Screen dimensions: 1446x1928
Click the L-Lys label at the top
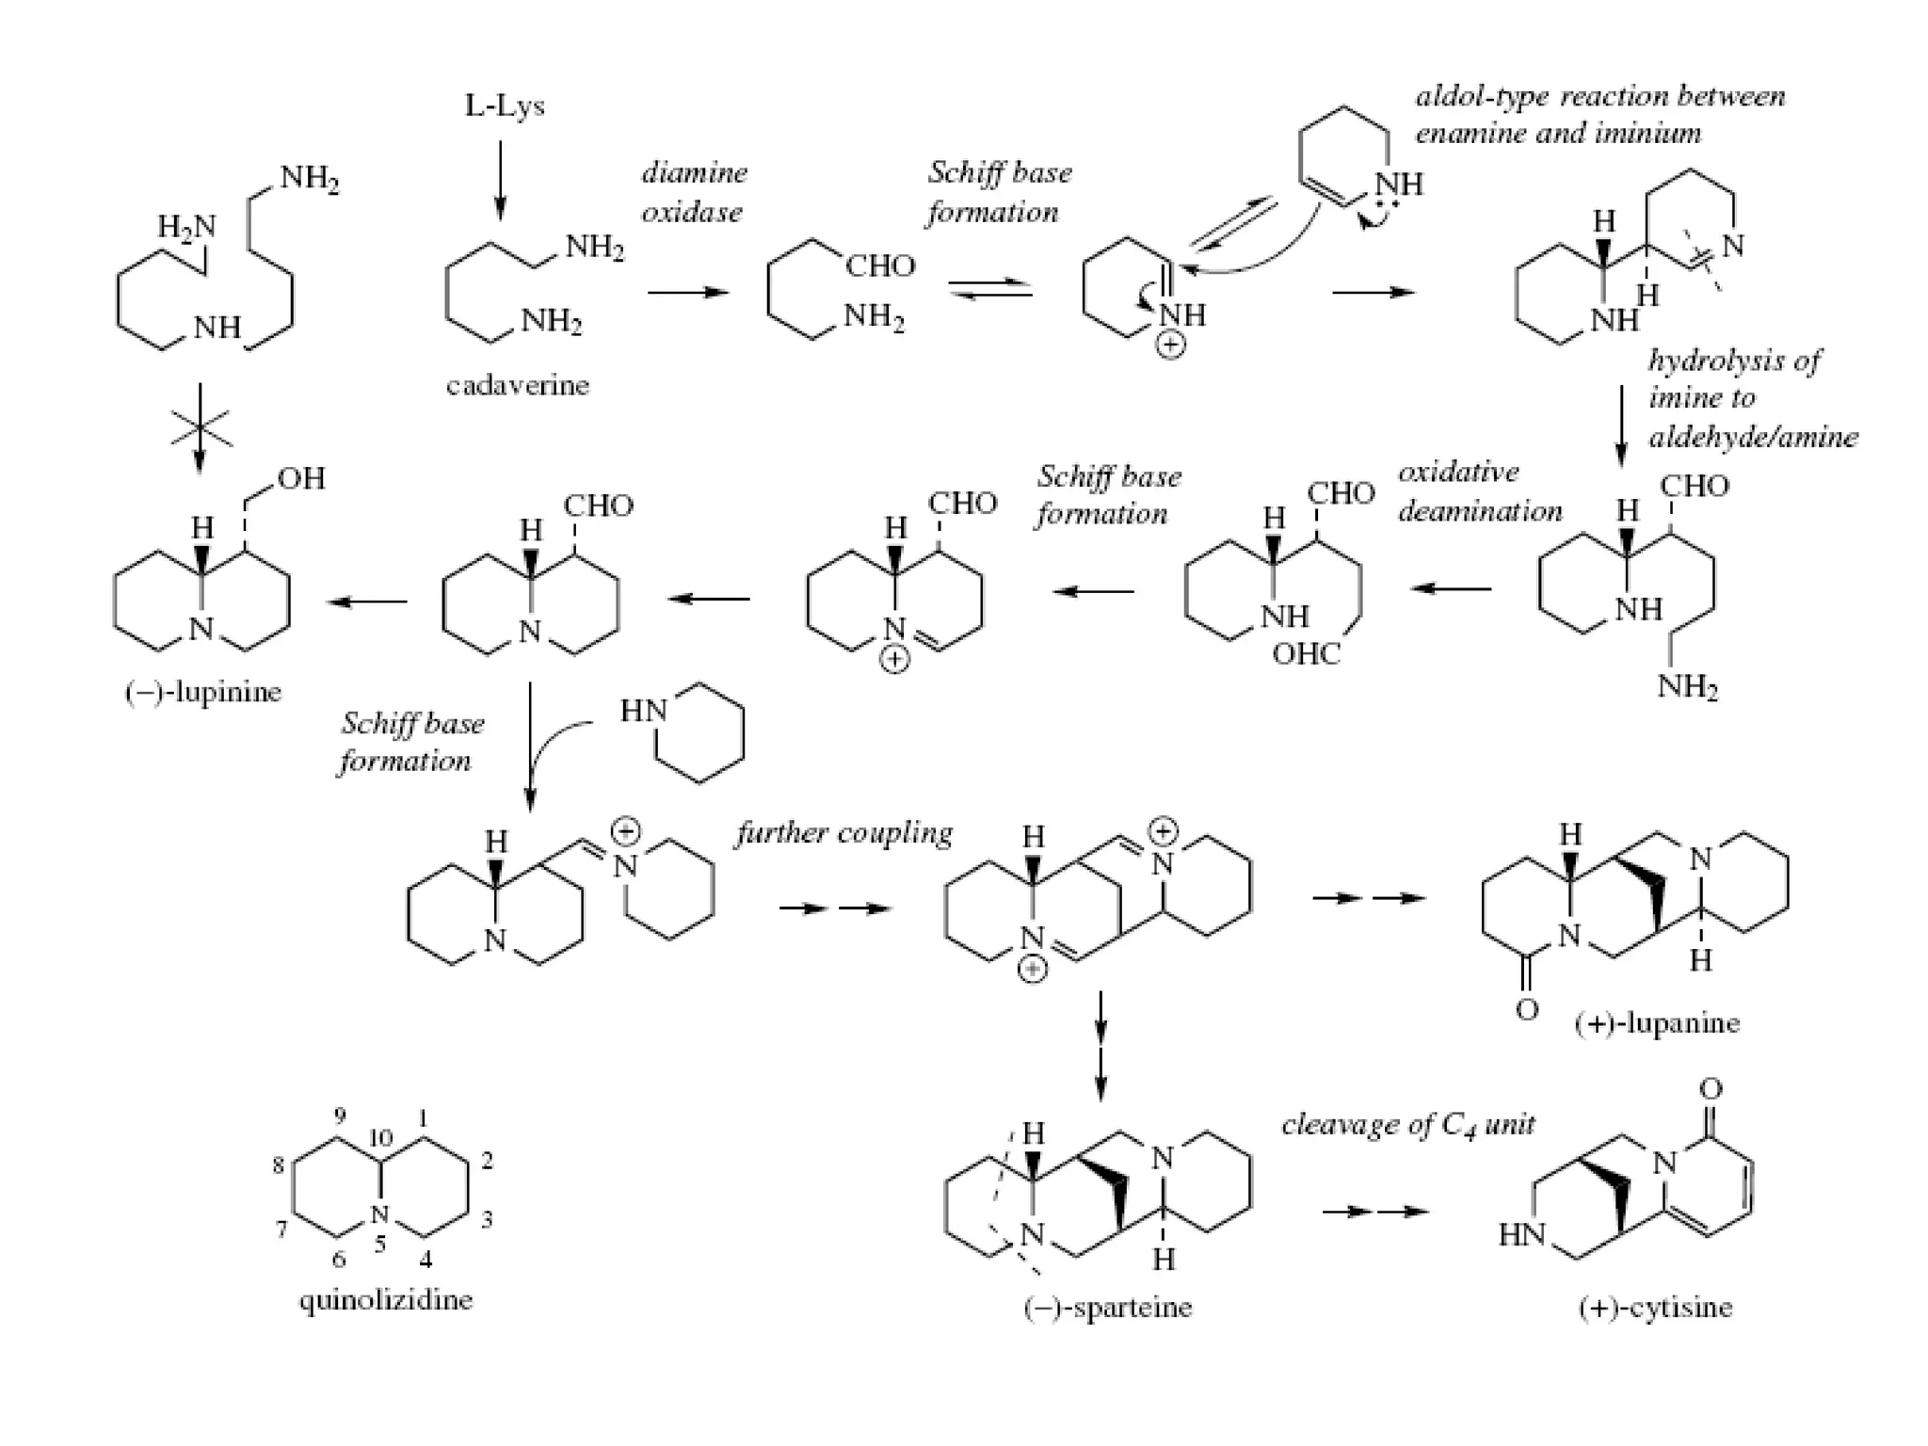pos(505,105)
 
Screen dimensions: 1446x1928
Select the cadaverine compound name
pos(517,385)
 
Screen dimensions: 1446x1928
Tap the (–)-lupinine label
pos(203,693)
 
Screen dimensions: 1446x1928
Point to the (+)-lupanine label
pos(1657,1023)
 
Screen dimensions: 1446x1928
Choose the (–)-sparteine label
pos(1108,1308)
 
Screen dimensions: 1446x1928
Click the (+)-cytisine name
pos(1655,1308)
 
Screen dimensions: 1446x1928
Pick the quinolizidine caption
pos(386,1300)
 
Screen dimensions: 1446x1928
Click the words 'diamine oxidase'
pos(694,192)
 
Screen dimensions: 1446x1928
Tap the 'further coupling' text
pos(843,833)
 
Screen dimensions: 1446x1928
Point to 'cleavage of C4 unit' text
pos(1408,1124)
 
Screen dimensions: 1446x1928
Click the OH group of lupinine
pos(301,479)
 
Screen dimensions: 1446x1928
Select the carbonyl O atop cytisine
pos(1711,1089)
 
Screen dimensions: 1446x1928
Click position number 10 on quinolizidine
pos(380,1138)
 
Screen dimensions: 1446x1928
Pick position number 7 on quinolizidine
pos(281,1229)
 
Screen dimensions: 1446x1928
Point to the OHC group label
pos(1306,653)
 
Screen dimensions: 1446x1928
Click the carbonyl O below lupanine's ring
pos(1527,1010)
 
